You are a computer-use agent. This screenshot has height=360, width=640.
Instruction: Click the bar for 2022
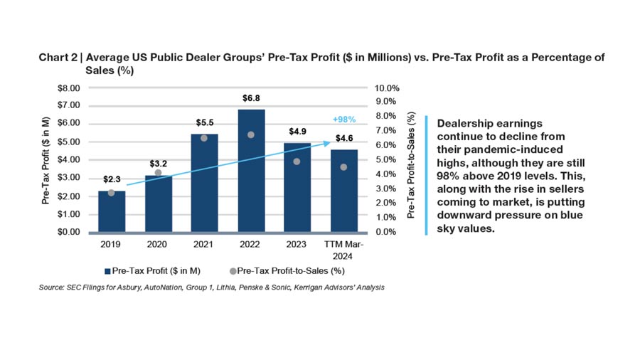[252, 171]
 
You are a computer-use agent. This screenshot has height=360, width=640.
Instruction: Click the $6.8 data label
[252, 97]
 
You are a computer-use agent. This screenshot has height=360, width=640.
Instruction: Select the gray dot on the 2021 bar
[204, 138]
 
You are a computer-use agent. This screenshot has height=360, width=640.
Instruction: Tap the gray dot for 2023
[297, 162]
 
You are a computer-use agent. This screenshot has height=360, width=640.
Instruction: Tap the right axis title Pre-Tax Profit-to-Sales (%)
[410, 164]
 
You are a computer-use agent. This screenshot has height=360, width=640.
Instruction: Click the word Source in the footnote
[53, 287]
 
